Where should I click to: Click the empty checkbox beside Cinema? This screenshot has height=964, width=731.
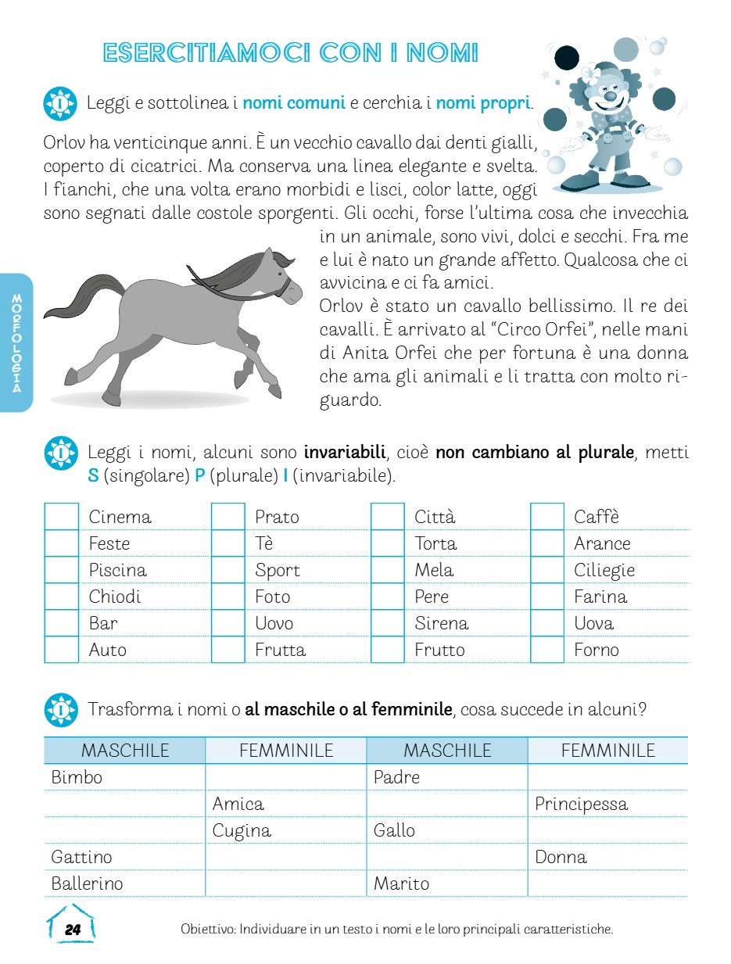62,517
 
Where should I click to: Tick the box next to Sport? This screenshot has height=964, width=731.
228,570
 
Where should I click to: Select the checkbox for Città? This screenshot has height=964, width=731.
388,517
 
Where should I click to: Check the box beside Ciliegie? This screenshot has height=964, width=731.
547,570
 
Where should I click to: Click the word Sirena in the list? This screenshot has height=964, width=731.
441,623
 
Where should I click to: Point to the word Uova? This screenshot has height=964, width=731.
593,623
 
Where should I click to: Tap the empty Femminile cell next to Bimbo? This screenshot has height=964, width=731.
285,777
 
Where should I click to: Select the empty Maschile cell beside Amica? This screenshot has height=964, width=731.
124,804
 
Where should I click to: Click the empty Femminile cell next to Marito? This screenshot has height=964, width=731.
607,883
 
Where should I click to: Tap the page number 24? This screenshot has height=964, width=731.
73,930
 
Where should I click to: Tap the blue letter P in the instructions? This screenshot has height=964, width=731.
199,476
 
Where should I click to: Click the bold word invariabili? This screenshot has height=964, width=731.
345,452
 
